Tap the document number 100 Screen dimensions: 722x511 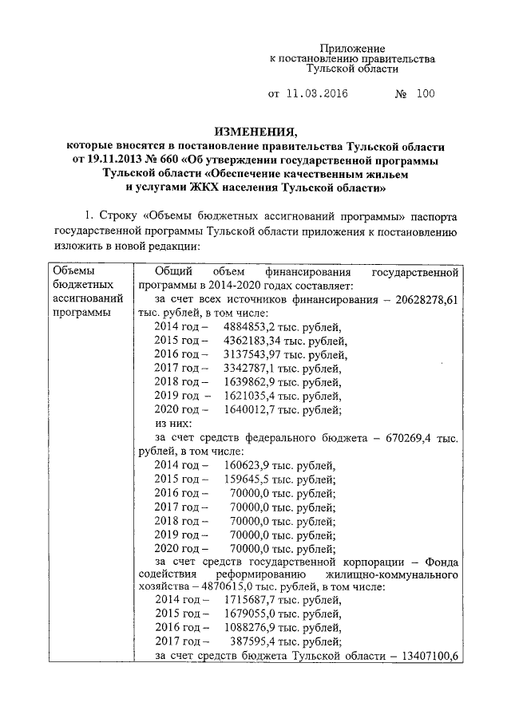pyautogui.click(x=425, y=94)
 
